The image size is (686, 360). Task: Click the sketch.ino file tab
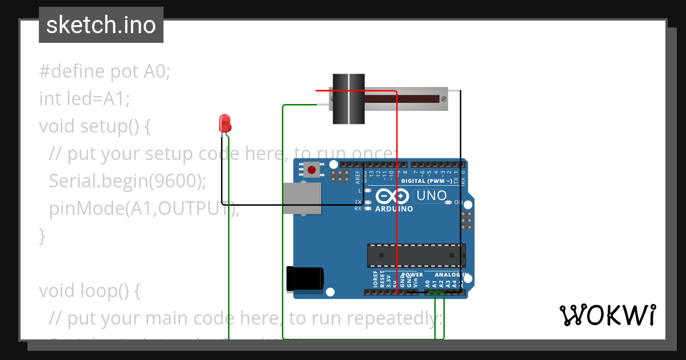coord(101,25)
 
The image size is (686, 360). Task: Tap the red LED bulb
coord(225,123)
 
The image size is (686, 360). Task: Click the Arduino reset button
coord(312,170)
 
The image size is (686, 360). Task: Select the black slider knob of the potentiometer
coord(349,99)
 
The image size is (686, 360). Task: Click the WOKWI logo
coord(607,315)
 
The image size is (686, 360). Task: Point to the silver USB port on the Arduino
coord(301,198)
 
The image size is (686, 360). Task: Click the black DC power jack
coord(305,278)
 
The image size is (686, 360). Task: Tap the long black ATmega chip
coord(416,255)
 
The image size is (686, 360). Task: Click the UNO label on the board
coord(432,196)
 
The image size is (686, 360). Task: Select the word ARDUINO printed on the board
coord(394,209)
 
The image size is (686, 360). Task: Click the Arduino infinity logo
coord(393,197)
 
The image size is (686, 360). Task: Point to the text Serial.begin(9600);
coord(127,181)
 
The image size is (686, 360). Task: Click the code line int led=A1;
coord(85,99)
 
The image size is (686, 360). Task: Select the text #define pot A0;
coord(105,71)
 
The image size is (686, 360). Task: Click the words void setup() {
coord(95,126)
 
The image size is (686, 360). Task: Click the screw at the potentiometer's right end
coord(443,99)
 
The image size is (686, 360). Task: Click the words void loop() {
coord(90,290)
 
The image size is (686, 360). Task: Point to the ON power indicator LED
coord(449,202)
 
